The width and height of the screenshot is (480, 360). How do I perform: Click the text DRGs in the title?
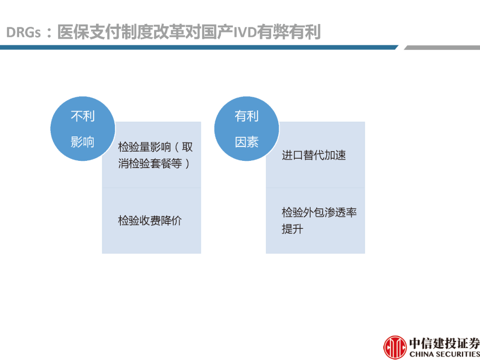point(24,33)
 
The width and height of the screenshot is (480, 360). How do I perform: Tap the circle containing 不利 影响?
point(83,128)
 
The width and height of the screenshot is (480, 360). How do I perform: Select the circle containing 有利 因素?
point(247,128)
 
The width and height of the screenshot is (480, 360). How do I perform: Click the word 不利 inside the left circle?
point(83,116)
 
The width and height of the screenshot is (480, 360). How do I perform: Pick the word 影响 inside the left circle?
point(83,142)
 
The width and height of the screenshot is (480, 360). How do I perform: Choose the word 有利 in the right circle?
point(247,116)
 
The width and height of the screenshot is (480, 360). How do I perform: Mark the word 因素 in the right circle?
point(247,142)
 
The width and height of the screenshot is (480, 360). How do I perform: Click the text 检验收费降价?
point(150,221)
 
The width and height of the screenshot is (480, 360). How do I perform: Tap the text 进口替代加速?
point(314,156)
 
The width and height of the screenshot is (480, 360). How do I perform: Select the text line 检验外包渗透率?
point(319,212)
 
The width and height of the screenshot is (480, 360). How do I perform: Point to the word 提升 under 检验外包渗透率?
point(292,229)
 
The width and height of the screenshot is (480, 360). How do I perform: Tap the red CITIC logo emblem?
point(395,348)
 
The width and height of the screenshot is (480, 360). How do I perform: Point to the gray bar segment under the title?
point(442,48)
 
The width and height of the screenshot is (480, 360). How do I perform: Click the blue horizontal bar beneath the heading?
point(199,48)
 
